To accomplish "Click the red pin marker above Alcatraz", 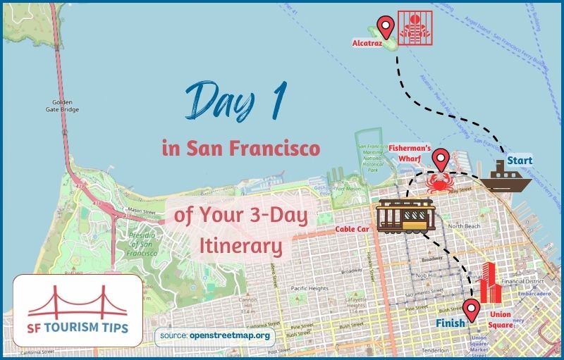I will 385,27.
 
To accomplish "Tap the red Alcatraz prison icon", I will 413,27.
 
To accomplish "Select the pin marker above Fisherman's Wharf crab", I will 441,159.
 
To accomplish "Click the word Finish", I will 450,323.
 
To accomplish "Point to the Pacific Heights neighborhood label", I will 309,288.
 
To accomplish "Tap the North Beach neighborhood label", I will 464,225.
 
